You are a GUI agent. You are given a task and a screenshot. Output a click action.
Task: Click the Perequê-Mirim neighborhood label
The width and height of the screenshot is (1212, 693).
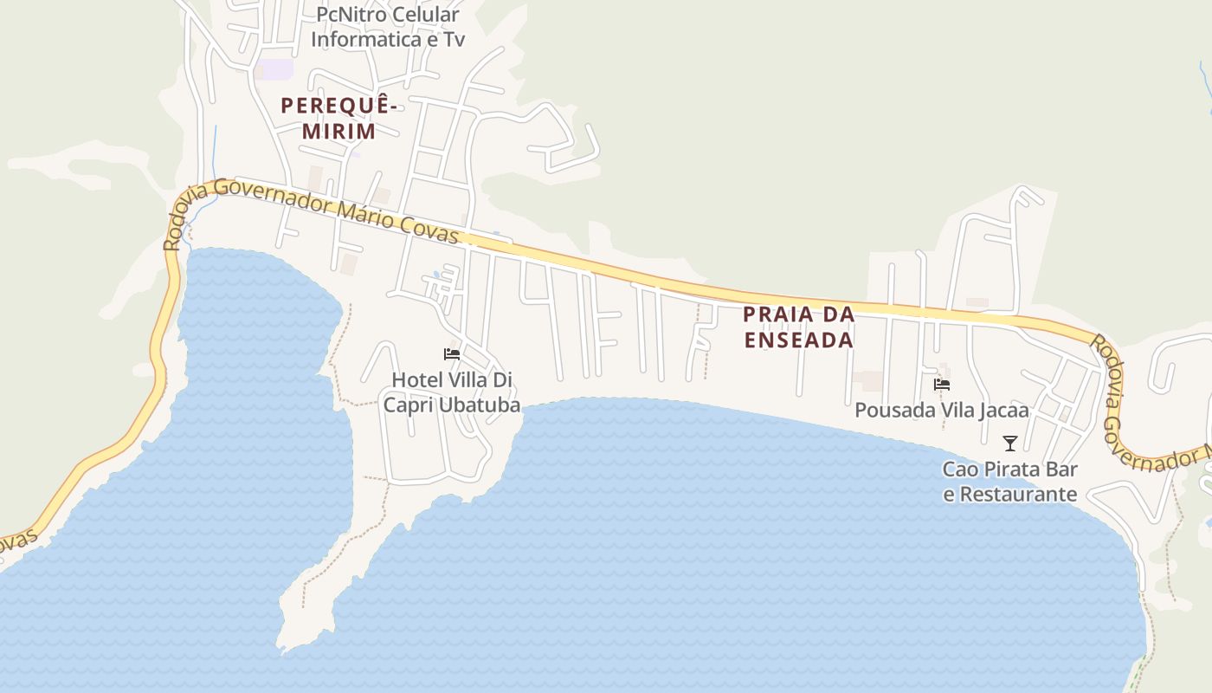point(338,119)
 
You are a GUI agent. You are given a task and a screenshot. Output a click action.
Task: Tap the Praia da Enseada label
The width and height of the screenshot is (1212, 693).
point(799,327)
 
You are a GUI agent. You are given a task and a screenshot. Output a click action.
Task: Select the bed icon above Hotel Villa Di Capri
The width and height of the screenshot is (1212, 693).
point(451,353)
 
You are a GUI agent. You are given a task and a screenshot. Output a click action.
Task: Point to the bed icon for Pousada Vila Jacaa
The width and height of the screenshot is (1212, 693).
point(942,384)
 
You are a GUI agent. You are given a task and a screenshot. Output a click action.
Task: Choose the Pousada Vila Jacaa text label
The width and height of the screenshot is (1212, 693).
point(942,410)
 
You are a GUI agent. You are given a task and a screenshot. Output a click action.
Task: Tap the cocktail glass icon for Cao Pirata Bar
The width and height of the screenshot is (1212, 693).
point(1009,444)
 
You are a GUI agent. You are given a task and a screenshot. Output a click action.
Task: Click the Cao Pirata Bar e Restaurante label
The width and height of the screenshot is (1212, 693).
point(1009,482)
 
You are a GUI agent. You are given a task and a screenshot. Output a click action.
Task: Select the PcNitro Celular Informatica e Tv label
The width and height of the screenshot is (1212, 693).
point(388,27)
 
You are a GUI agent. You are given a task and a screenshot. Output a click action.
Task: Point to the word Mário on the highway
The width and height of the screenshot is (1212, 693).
point(366,213)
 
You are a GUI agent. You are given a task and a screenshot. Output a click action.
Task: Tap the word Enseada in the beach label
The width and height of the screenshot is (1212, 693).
point(799,340)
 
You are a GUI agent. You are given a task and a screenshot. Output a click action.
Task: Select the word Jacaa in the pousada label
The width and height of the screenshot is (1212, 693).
point(1003,410)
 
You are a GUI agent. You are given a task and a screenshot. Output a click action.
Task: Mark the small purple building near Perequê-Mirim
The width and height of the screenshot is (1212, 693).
point(275,69)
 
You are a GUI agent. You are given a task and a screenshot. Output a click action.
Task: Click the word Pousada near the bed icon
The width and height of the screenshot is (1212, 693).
point(889,410)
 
